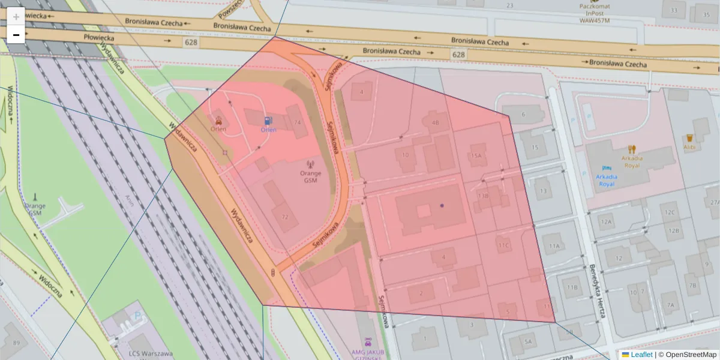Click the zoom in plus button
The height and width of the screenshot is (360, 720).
(16, 17)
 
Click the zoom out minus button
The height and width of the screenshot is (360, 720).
(16, 35)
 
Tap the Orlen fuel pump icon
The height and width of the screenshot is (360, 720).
(268, 120)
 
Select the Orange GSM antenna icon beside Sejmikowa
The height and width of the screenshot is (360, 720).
(310, 164)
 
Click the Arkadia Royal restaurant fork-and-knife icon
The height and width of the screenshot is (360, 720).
(631, 149)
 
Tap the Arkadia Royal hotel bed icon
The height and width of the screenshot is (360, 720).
(606, 167)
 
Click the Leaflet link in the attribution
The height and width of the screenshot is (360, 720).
(641, 355)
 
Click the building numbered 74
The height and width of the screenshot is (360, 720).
(296, 122)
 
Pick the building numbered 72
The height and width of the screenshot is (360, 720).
(285, 217)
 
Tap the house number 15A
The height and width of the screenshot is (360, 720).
(476, 155)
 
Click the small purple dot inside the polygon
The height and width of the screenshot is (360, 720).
(442, 205)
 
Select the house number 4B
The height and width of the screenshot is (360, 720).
(436, 122)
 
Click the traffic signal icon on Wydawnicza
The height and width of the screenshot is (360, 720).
(274, 274)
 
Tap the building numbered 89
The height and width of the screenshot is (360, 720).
(16, 343)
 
